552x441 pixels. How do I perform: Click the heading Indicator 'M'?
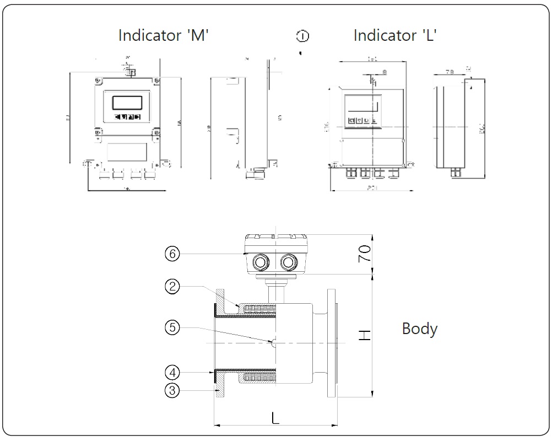coord(164,35)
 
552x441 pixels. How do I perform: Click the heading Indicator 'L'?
coord(395,35)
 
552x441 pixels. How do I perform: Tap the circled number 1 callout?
coord(302,36)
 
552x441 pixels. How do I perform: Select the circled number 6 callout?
coord(172,254)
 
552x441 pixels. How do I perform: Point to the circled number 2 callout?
coord(172,286)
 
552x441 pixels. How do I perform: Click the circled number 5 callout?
coord(172,327)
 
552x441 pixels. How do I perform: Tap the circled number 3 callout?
coord(172,390)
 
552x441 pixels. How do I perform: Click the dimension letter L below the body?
coord(275,417)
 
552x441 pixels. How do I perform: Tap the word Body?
coord(420,329)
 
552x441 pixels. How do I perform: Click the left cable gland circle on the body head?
coord(258,262)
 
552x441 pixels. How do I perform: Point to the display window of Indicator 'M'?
coord(127,103)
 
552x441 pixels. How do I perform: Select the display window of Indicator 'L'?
coord(361,105)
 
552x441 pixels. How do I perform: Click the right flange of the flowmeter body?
coord(332,342)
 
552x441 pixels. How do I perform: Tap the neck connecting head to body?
coord(274,289)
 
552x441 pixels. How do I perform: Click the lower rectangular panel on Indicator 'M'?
coord(127,151)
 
